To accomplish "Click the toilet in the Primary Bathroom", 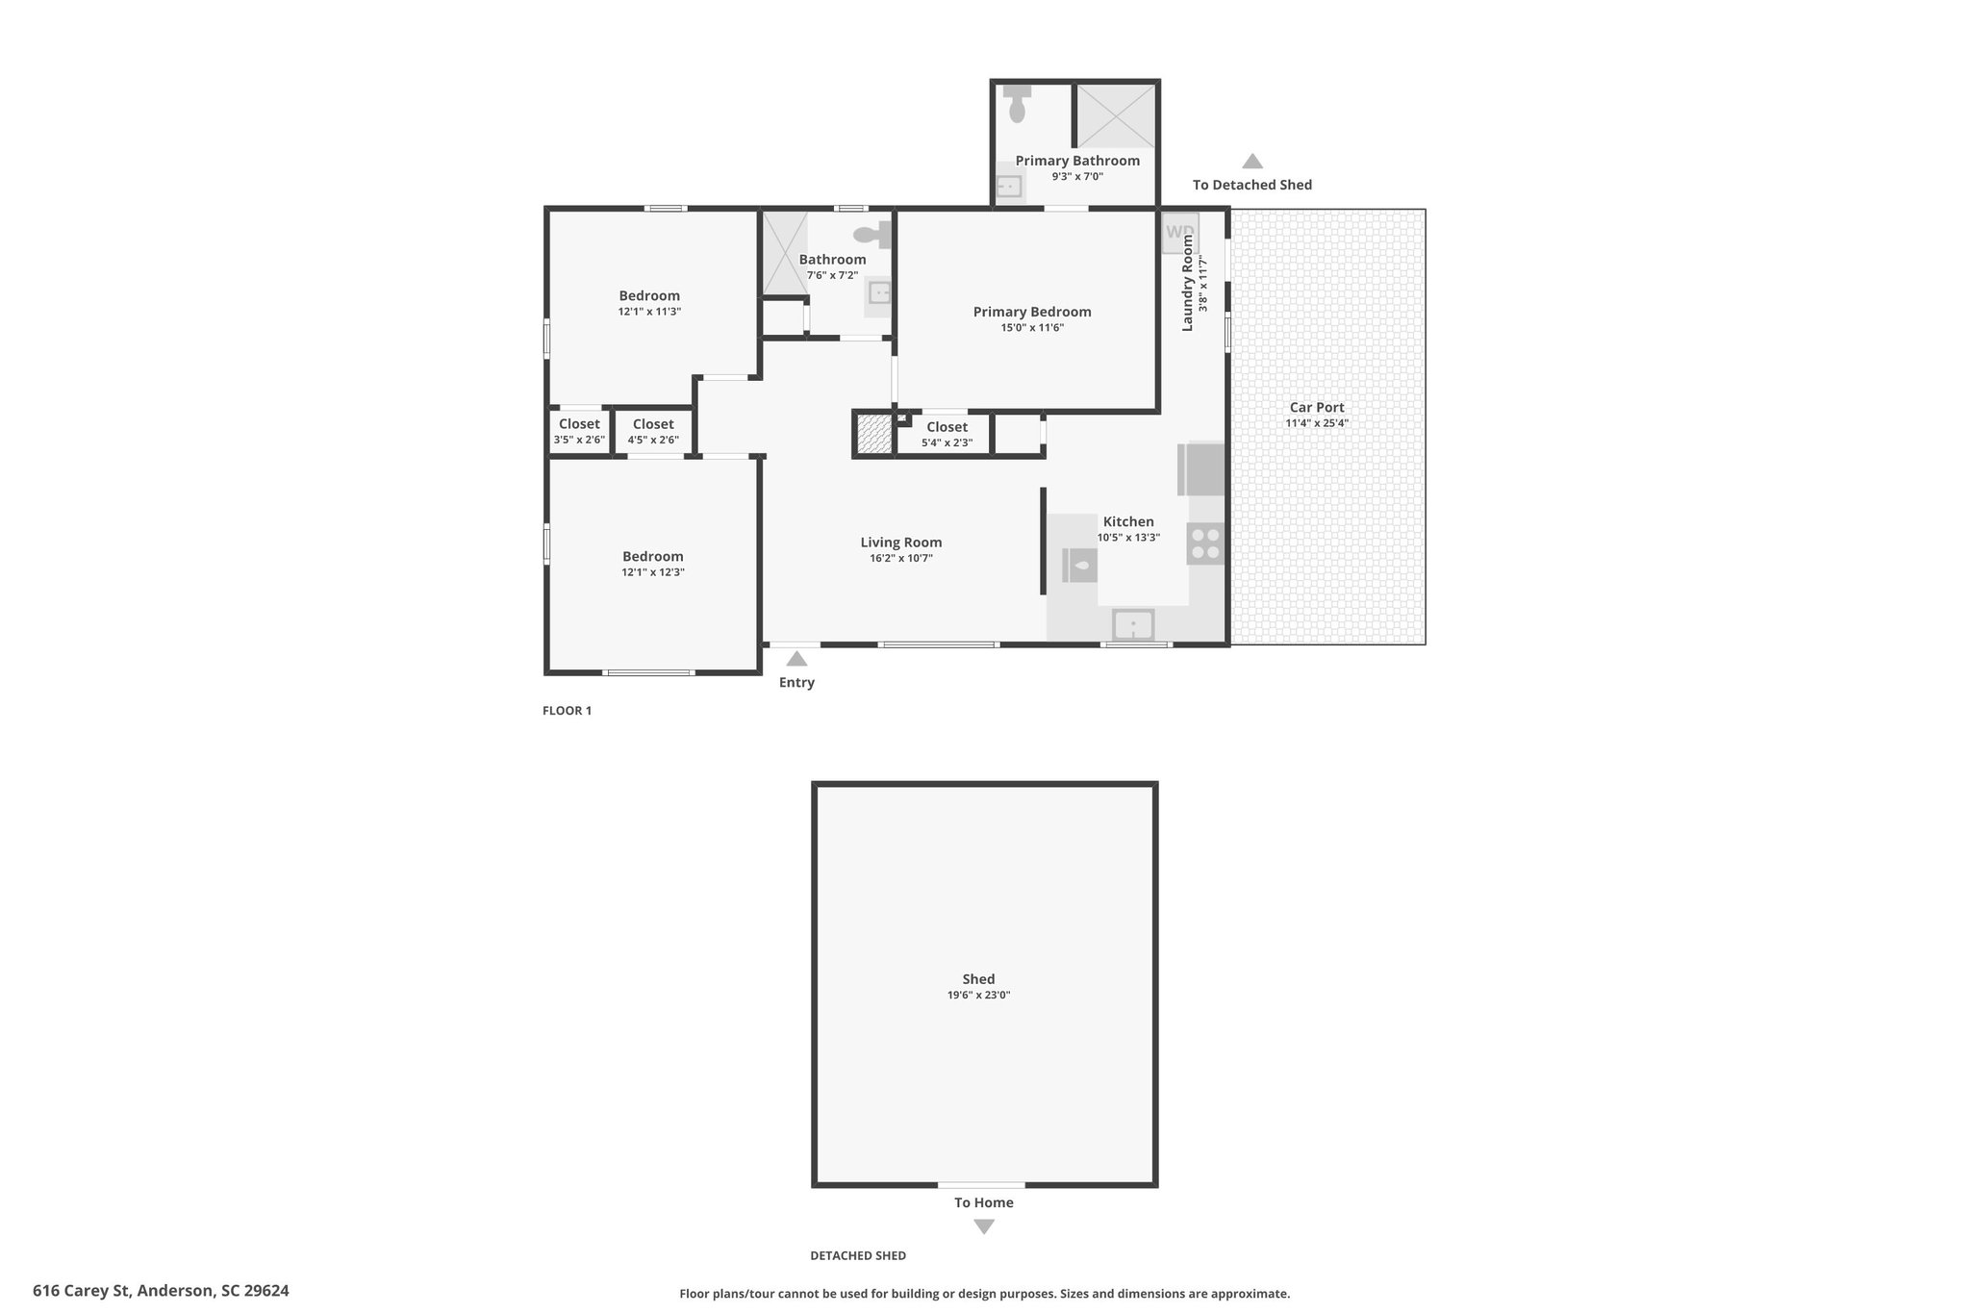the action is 1017,103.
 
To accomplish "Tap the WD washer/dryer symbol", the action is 1179,234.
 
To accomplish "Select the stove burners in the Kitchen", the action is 1205,543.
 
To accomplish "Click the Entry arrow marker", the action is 796,659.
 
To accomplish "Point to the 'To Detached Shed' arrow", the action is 1251,162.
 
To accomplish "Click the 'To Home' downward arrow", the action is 983,1227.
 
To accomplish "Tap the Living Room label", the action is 901,543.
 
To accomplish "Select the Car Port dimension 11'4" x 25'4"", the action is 1317,423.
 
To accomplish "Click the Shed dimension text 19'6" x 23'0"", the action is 978,996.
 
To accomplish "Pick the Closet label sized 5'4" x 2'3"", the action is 947,427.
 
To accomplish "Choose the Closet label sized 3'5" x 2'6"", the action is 579,424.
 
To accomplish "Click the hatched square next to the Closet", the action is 874,433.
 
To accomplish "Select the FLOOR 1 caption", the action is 568,711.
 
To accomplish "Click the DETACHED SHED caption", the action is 858,1255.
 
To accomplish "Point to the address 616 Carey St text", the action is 161,1291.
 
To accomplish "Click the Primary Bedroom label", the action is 1032,312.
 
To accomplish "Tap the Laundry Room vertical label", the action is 1187,283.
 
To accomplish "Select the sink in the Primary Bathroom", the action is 1009,187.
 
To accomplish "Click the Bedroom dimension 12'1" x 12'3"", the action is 653,572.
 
